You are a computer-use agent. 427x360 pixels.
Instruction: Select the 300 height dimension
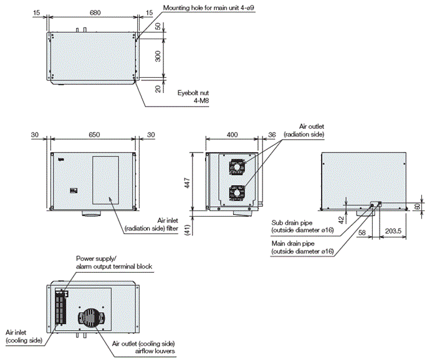tap(158, 57)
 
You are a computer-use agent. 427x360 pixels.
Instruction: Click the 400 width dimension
tap(232, 135)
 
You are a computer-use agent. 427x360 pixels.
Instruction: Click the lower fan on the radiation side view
tap(236, 193)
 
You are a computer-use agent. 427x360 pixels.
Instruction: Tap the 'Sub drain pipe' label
tap(302, 225)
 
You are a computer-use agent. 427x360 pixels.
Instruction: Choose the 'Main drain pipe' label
tap(302, 247)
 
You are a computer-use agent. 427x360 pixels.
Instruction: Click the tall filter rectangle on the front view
tap(105, 181)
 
